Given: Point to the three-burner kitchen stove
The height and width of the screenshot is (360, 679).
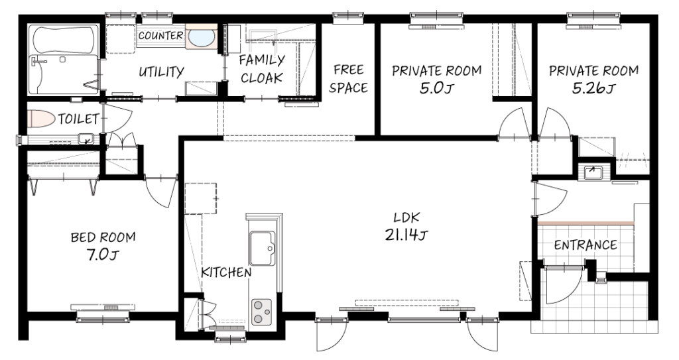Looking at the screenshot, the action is (261, 312).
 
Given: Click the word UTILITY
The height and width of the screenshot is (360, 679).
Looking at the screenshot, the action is (162, 72).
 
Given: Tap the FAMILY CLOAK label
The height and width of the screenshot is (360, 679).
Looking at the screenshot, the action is (262, 69).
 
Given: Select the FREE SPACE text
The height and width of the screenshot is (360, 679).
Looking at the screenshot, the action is (349, 79).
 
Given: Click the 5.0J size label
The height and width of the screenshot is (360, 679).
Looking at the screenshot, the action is (436, 88).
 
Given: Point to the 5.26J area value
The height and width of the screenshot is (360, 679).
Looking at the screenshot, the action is (593, 88).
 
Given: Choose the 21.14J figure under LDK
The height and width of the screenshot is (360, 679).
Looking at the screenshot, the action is (406, 235).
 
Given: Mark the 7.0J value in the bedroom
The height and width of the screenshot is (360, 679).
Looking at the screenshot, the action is (103, 255).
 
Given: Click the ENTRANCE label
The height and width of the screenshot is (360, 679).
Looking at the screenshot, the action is (586, 245).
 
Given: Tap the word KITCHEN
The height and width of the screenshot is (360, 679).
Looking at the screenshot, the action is (226, 272).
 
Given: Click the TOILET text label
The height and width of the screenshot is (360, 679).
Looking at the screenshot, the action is (79, 119).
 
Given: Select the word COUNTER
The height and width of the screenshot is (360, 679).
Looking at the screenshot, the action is (160, 36).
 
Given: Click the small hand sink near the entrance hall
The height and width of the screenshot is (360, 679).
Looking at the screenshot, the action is (593, 172).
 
